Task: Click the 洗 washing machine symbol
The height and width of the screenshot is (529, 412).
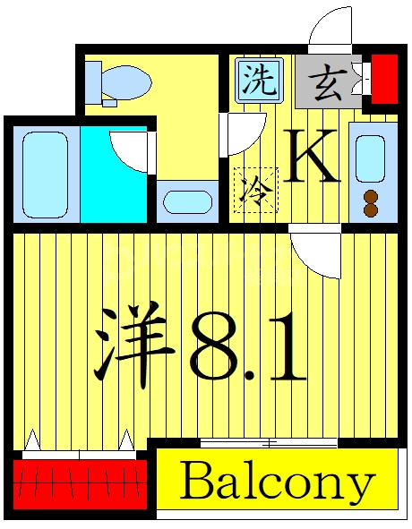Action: [259, 81]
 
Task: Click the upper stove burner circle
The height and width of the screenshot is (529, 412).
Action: [370, 198]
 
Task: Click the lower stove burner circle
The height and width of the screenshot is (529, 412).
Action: [370, 212]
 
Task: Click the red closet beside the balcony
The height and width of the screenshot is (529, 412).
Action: [79, 482]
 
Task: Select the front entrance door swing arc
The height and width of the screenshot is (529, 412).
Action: [330, 27]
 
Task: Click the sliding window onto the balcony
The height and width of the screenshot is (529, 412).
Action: [268, 442]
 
